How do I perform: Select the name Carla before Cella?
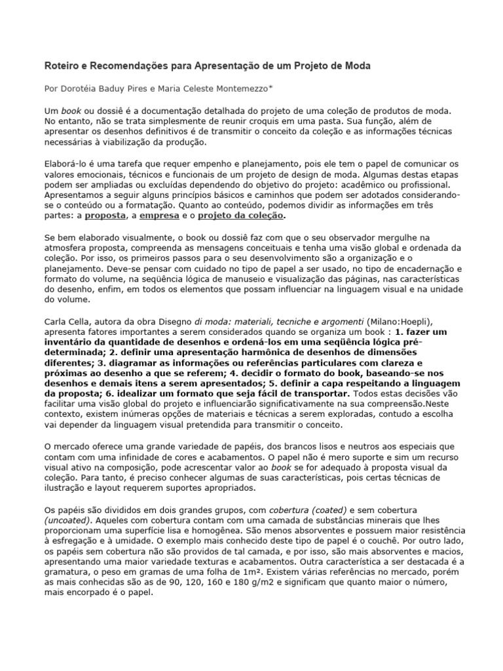pos(55,321)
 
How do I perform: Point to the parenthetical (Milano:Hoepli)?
pos(400,321)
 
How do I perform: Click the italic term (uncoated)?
pos(68,520)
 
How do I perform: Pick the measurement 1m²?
pos(230,573)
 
